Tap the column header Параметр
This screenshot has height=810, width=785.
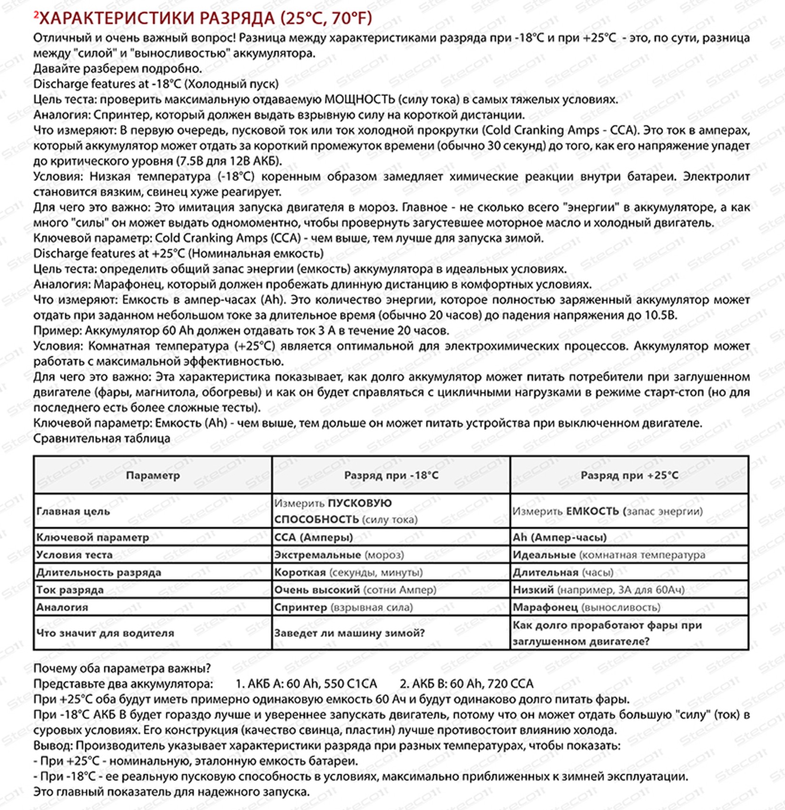coord(153,475)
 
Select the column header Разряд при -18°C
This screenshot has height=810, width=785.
coord(391,475)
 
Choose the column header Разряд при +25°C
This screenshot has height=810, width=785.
coord(629,475)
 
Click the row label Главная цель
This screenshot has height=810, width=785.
coord(73,511)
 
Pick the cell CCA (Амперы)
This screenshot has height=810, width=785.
coord(313,537)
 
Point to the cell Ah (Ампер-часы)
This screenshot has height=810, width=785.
coord(560,537)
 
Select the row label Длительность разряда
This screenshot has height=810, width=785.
coord(99,572)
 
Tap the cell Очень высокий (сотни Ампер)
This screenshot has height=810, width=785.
coord(355,590)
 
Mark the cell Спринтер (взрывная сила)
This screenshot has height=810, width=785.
coord(343,607)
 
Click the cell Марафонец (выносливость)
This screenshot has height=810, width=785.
coord(586,607)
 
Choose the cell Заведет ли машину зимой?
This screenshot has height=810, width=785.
coord(349,633)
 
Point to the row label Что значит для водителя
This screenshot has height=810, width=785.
coord(105,633)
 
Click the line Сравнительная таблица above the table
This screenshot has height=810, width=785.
coord(101,438)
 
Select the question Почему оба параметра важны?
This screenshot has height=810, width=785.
coord(122,668)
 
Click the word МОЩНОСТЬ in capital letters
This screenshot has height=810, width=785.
coord(360,99)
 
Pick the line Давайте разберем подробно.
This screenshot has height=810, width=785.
coord(118,68)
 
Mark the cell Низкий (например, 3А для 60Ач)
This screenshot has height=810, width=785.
coord(598,590)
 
